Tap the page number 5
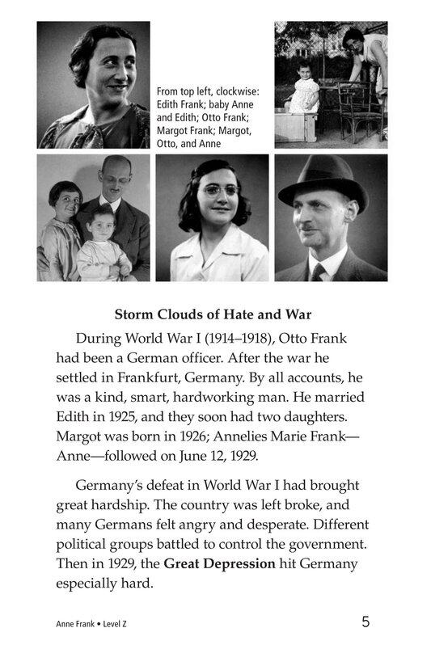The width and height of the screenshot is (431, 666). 366,622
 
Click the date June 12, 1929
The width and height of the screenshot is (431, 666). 220,455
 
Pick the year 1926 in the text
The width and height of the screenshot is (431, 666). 191,436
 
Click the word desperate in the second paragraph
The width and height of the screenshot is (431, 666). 279,523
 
